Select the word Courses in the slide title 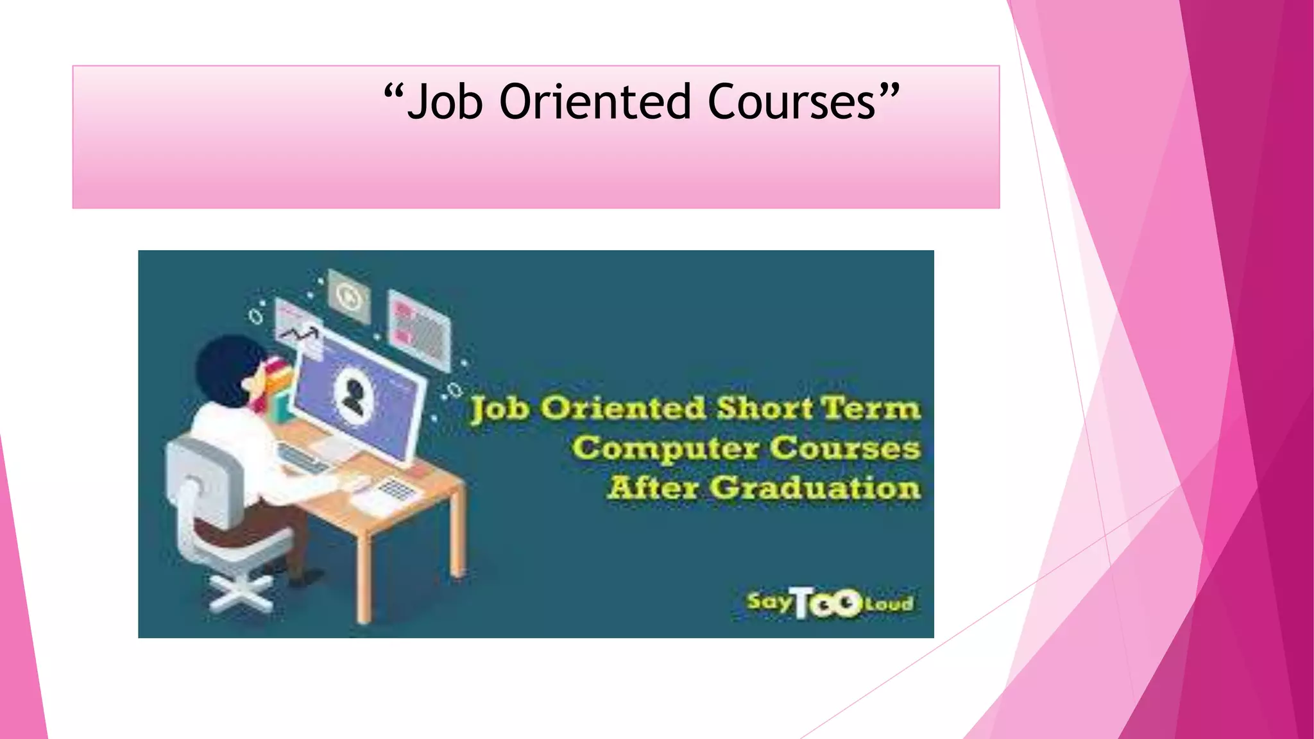click(x=792, y=103)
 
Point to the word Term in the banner click(x=871, y=409)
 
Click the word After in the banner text click(x=653, y=488)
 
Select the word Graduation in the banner click(x=815, y=488)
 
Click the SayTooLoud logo click(x=829, y=603)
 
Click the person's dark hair click(x=225, y=369)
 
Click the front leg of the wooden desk click(x=364, y=577)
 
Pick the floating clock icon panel click(x=349, y=296)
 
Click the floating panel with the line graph click(x=299, y=329)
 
